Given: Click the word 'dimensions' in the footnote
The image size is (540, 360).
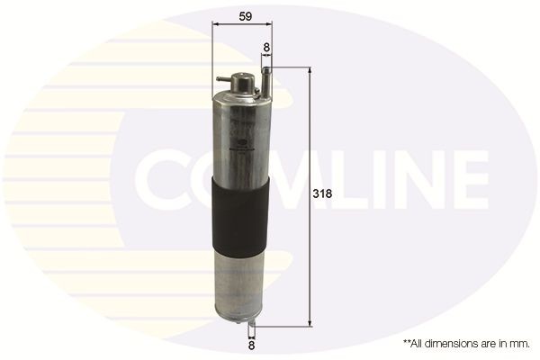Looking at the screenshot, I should pyautogui.click(x=454, y=343).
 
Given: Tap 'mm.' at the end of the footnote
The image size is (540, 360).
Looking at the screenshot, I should pyautogui.click(x=517, y=343).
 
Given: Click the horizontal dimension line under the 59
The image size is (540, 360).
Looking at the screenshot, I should pyautogui.click(x=238, y=26).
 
